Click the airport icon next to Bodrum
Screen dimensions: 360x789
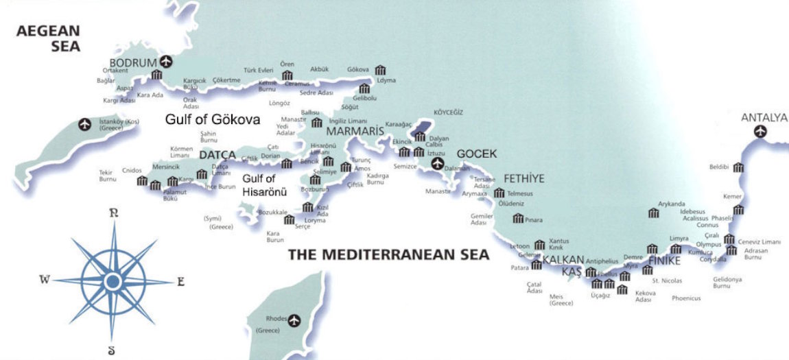(165, 61)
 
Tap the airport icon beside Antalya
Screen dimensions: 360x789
(759, 131)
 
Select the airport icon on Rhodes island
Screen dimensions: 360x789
(295, 319)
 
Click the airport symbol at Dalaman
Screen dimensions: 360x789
(437, 164)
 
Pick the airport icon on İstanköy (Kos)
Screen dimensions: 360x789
(85, 124)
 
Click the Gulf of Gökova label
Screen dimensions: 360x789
(213, 119)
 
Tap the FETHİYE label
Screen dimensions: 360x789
(523, 178)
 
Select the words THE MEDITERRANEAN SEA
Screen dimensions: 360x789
(388, 255)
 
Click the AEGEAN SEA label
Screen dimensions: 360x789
(49, 38)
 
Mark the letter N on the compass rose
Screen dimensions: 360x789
(114, 213)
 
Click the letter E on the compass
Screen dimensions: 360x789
(181, 280)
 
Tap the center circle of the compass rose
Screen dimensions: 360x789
(113, 280)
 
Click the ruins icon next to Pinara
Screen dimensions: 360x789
(518, 219)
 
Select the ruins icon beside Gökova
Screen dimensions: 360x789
(380, 70)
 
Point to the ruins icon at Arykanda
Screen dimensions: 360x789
(653, 213)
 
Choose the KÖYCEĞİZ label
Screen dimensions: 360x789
(449, 112)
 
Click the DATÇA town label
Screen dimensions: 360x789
(217, 155)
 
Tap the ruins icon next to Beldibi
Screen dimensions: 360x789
(738, 167)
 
